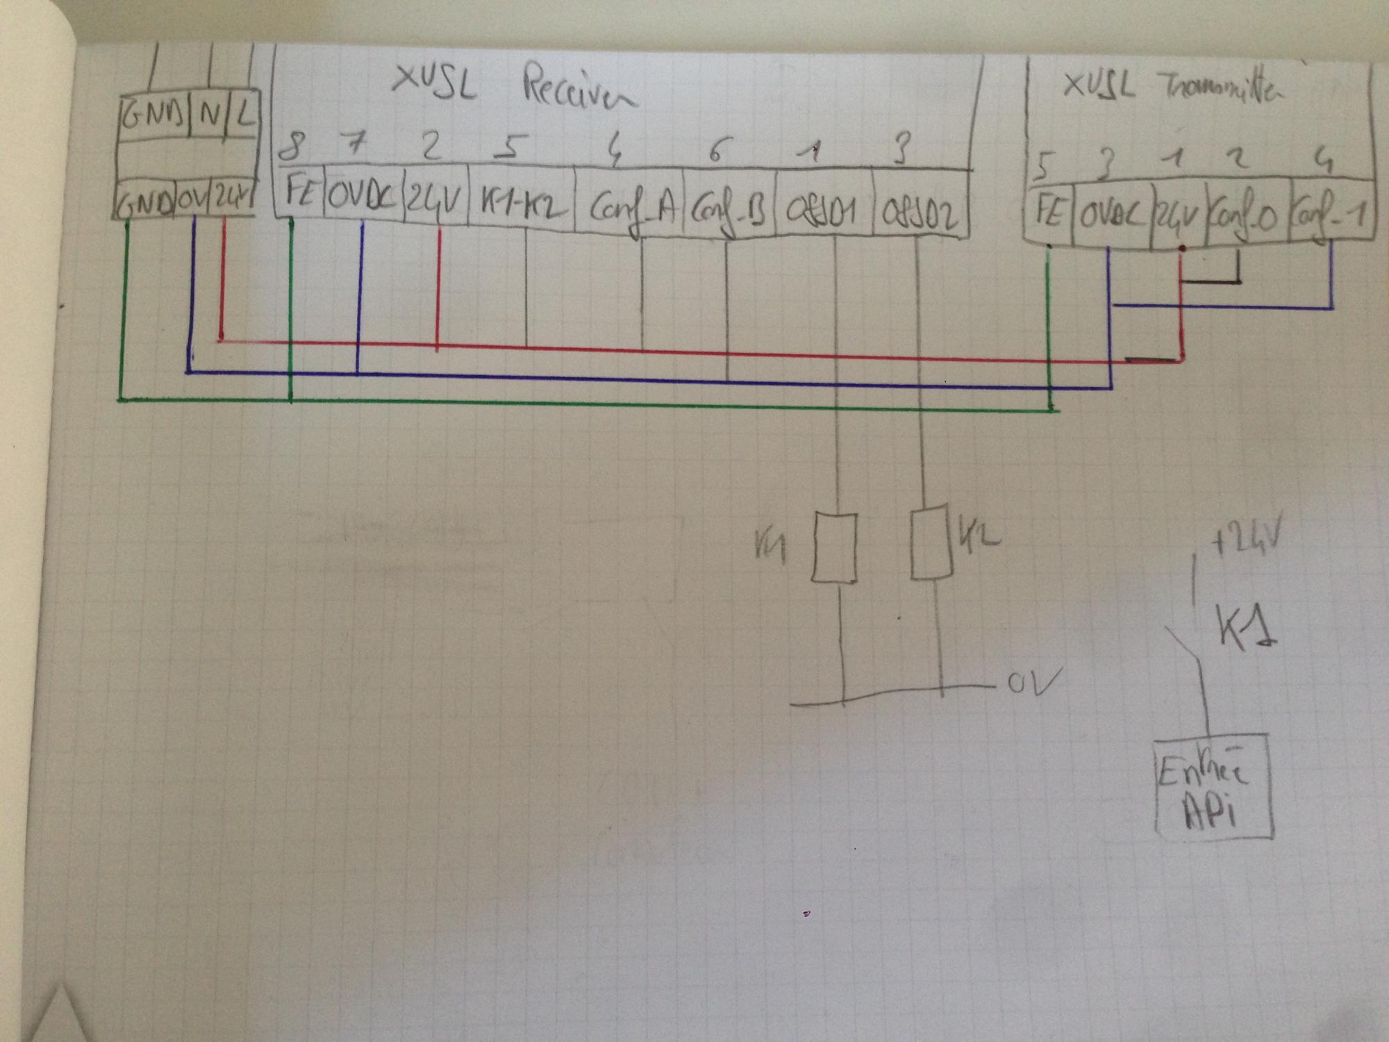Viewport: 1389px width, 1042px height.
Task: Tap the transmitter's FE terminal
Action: tap(1049, 211)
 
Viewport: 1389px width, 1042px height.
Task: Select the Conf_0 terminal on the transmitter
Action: tap(1247, 217)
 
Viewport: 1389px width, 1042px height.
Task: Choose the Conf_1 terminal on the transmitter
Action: tap(1331, 217)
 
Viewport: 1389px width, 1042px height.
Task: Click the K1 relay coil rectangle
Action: tap(834, 547)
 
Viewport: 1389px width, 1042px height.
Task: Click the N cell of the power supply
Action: tap(208, 115)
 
